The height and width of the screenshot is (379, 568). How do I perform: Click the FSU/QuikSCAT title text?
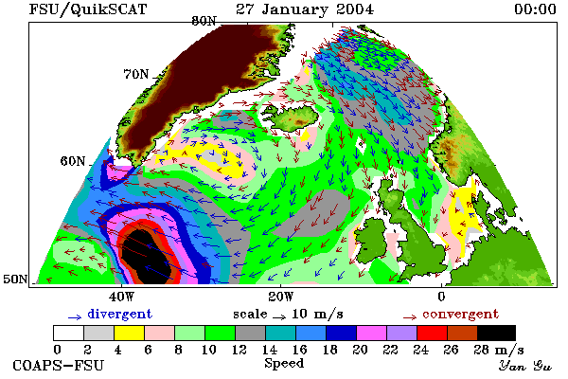pos(88,9)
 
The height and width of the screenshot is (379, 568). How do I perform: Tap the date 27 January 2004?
pos(305,9)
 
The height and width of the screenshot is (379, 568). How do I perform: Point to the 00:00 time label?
pos(535,9)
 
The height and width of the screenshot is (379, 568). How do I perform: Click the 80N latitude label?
pos(204,21)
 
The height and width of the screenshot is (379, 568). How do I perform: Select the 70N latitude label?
pos(136,74)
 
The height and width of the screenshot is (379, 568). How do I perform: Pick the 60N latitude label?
pos(73,161)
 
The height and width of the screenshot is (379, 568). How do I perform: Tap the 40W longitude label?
pos(121,297)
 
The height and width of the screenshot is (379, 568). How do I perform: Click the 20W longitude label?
pos(281,297)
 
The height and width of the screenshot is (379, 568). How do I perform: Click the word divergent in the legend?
pos(119,314)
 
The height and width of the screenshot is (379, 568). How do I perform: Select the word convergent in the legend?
pos(460,314)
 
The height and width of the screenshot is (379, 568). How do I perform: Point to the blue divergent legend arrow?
pos(75,317)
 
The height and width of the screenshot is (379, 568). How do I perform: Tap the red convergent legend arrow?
pos(410,317)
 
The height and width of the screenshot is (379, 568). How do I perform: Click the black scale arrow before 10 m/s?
pos(279,317)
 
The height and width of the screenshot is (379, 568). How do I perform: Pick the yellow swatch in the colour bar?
pos(129,333)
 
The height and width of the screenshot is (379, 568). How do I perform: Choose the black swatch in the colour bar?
pos(496,333)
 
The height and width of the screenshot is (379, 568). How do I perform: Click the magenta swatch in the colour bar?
pos(372,333)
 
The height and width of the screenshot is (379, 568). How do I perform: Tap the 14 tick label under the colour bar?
pos(269,350)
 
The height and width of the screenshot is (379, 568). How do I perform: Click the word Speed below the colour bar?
pos(284,364)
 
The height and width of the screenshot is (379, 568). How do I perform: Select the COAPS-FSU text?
pos(59,365)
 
